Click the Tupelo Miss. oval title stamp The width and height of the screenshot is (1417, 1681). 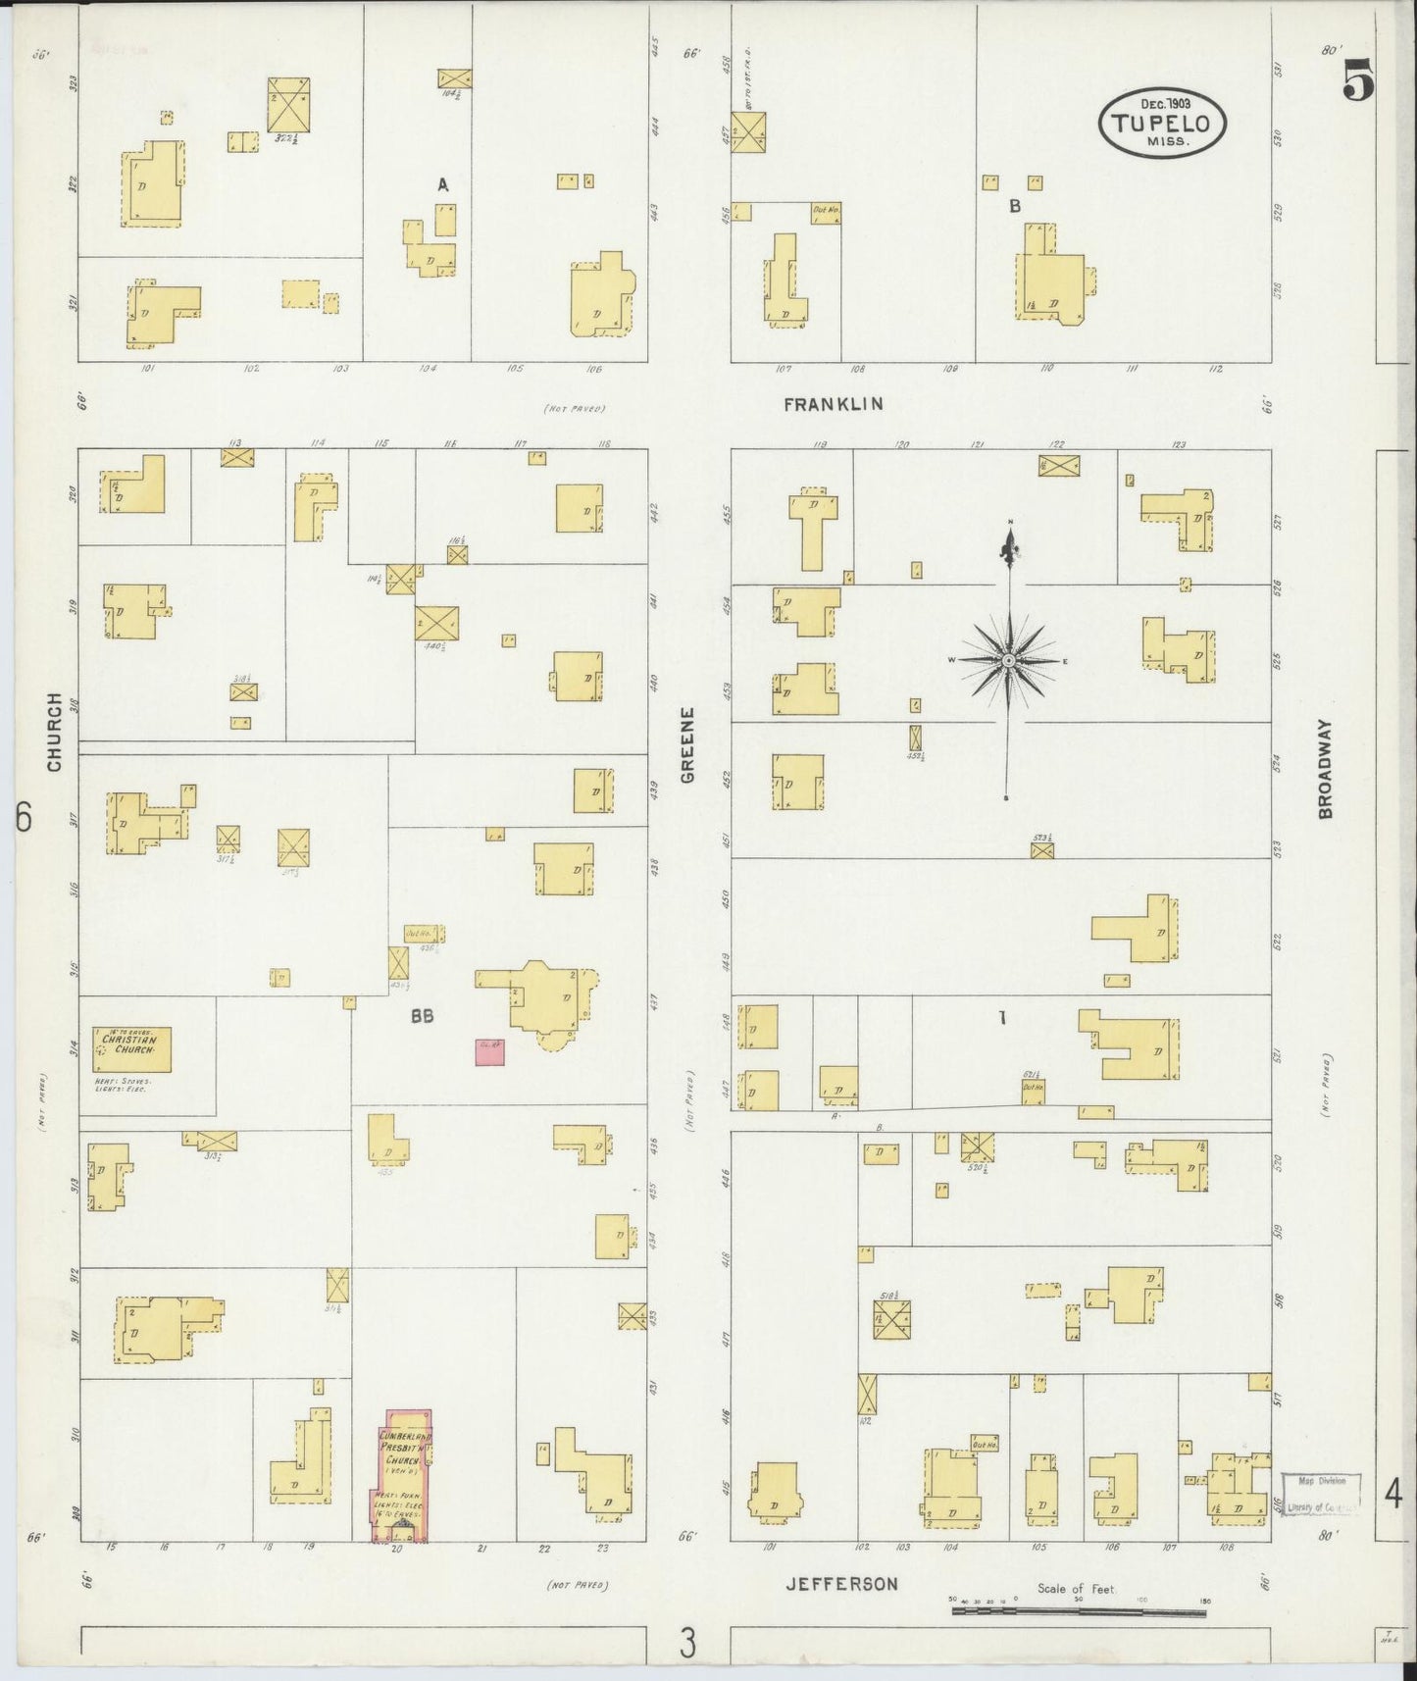(x=1164, y=124)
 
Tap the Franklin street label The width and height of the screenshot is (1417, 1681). (x=834, y=403)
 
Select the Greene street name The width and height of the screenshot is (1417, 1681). (x=687, y=744)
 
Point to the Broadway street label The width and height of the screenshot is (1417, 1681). (x=1326, y=768)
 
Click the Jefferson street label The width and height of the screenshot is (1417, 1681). (x=841, y=1583)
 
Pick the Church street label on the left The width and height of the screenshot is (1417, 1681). (x=54, y=731)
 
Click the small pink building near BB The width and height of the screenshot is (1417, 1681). (x=489, y=1051)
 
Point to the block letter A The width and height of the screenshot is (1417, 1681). (x=442, y=184)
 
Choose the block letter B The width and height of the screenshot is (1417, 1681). (x=1015, y=206)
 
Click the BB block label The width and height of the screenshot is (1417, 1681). (x=423, y=1017)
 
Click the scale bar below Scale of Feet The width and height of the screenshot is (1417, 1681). (x=1079, y=1609)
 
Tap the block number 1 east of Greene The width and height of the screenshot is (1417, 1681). (x=1001, y=1018)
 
